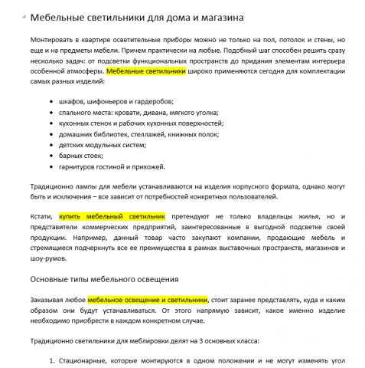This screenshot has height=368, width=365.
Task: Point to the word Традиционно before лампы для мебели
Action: [x=54, y=186]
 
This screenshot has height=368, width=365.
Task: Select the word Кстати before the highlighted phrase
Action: [x=41, y=217]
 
